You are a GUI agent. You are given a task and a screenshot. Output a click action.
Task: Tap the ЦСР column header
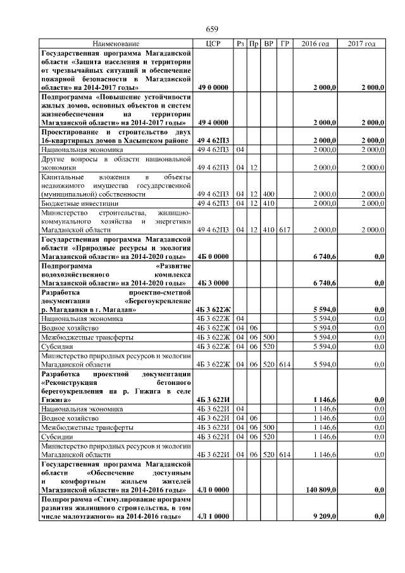212,44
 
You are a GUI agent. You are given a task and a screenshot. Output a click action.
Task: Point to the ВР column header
268,44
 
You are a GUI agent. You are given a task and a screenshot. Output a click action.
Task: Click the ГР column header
285,44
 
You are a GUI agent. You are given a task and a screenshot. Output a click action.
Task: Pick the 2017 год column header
362,44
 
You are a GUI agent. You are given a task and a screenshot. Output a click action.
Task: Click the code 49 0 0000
213,87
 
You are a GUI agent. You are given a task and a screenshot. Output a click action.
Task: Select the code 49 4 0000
213,122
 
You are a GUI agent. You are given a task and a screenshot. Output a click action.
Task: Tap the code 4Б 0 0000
213,256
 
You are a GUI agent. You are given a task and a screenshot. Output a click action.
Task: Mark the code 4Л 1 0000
213,517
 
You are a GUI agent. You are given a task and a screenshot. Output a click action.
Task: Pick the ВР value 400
268,194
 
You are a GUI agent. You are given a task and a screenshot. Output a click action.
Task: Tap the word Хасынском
146,140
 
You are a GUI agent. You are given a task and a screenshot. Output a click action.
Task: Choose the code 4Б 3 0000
213,283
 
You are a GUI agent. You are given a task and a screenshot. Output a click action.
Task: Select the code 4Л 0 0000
213,490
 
